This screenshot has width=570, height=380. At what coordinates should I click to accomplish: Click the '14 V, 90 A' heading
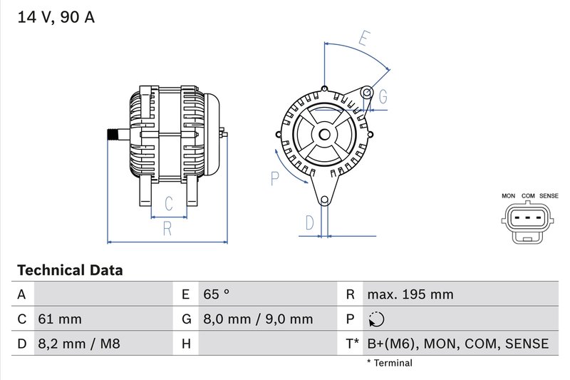pyautogui.click(x=56, y=18)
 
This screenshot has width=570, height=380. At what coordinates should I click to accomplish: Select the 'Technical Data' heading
pyautogui.click(x=70, y=271)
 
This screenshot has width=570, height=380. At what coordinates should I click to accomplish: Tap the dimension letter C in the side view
pyautogui.click(x=169, y=204)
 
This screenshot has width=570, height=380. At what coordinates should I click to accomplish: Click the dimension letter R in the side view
pyautogui.click(x=167, y=229)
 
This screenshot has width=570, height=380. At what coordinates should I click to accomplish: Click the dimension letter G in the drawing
pyautogui.click(x=383, y=96)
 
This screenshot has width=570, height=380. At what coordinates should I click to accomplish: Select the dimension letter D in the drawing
pyautogui.click(x=309, y=222)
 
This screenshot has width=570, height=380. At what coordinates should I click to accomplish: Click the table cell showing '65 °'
pyautogui.click(x=217, y=294)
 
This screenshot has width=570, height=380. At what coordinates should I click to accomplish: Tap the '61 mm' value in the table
pyautogui.click(x=59, y=319)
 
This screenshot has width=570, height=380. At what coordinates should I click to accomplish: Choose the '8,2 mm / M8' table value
pyautogui.click(x=78, y=344)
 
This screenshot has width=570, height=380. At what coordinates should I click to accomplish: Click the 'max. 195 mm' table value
pyautogui.click(x=410, y=294)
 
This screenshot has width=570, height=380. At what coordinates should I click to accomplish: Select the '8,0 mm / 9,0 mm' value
pyautogui.click(x=257, y=319)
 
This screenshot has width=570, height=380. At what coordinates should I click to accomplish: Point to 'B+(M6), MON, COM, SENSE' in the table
pyautogui.click(x=457, y=344)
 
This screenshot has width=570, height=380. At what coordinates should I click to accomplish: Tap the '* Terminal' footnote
pyautogui.click(x=389, y=363)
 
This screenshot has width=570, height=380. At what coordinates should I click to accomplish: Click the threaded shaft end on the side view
pyautogui.click(x=113, y=133)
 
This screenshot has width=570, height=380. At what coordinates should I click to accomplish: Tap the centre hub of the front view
pyautogui.click(x=324, y=134)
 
